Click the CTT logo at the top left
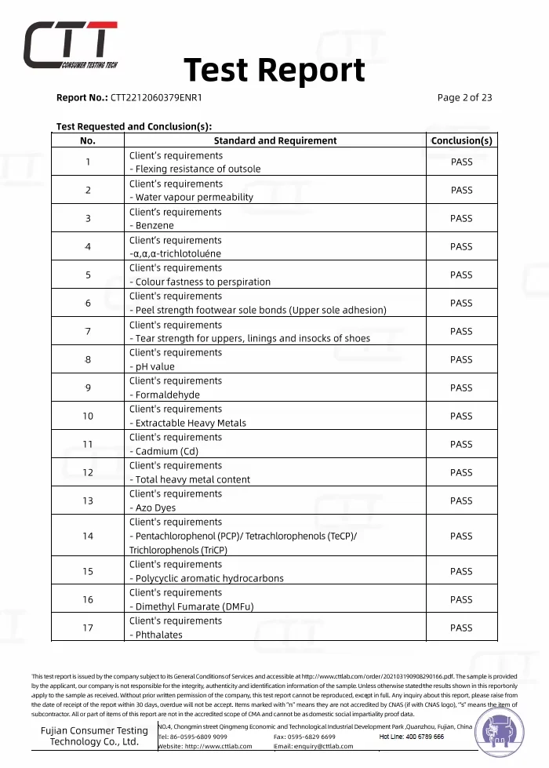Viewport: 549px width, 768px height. [x=71, y=44]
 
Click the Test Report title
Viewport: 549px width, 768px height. [x=274, y=71]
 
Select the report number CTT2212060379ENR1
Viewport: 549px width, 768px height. [x=156, y=98]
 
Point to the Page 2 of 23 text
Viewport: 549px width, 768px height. [x=464, y=98]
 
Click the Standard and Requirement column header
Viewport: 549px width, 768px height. [x=274, y=140]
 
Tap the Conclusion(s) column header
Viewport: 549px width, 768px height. [x=461, y=140]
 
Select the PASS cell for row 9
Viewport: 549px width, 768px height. [x=461, y=388]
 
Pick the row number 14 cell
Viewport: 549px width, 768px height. [x=88, y=536]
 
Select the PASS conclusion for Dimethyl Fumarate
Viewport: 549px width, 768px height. [x=461, y=599]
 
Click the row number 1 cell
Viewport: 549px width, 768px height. [x=88, y=162]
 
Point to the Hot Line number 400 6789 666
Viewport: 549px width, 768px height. [x=412, y=737]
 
